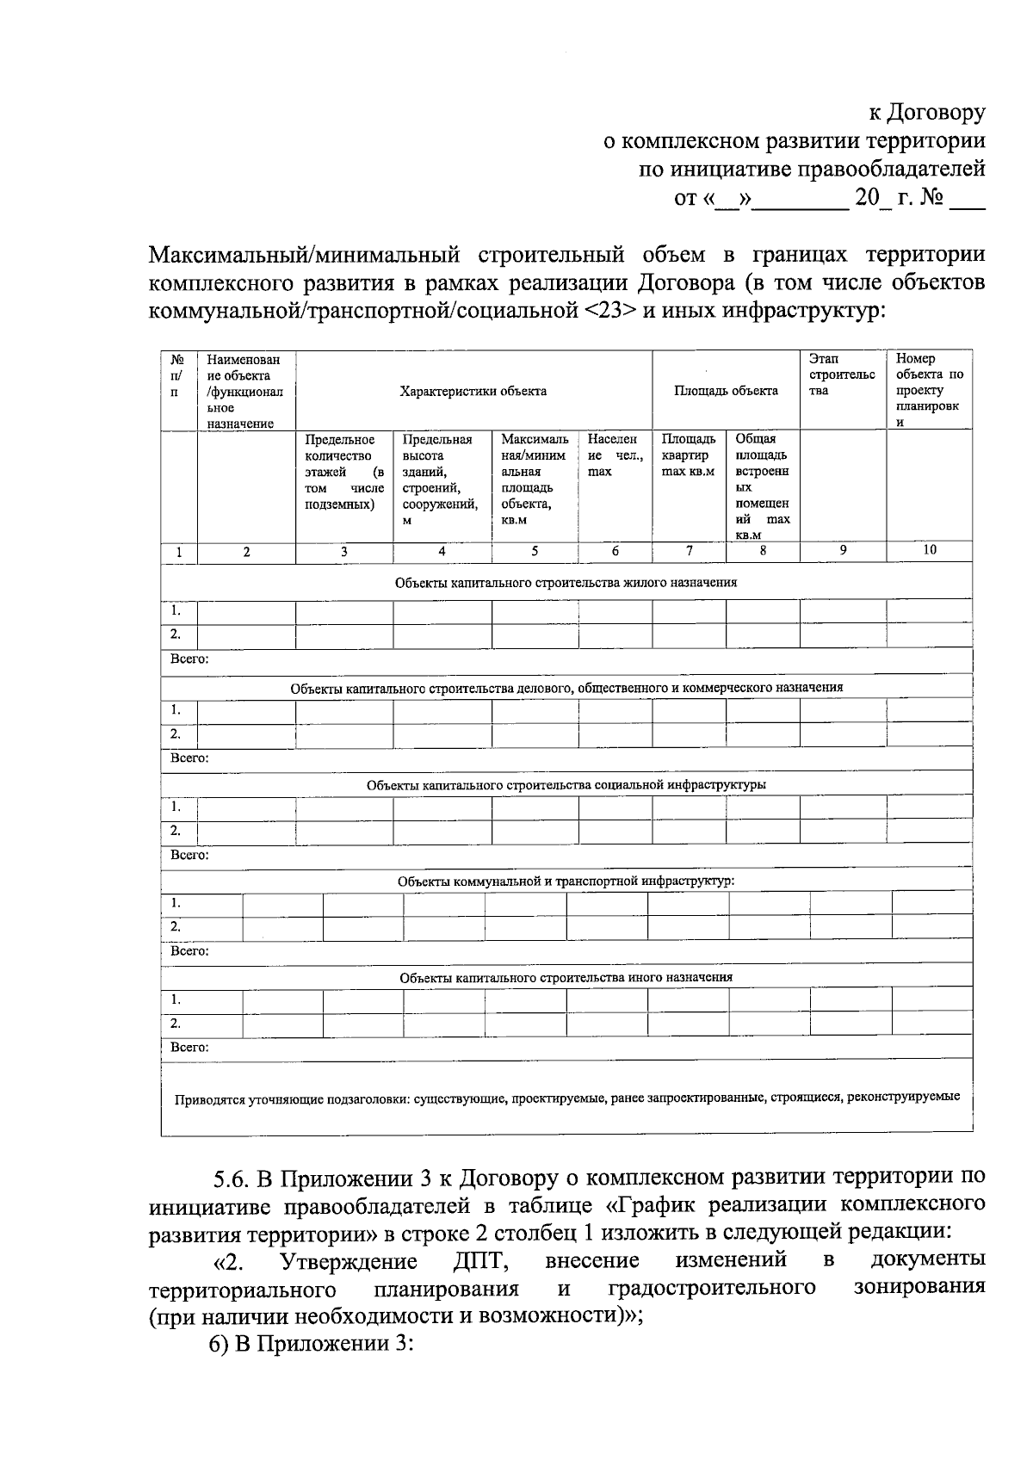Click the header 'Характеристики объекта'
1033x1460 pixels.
[473, 391]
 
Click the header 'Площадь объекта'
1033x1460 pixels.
[725, 391]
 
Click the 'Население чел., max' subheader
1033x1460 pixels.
[614, 455]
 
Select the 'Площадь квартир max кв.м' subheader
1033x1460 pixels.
[688, 455]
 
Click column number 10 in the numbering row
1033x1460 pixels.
[929, 550]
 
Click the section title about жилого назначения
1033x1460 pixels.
[566, 583]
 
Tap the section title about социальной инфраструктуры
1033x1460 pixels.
[566, 784]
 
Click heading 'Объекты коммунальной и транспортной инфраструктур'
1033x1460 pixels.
[566, 881]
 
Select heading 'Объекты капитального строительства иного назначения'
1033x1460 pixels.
[566, 977]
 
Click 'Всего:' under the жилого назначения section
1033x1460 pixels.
[189, 659]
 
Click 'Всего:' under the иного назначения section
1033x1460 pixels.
[189, 1047]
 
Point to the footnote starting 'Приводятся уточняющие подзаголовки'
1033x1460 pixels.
[566, 1098]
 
